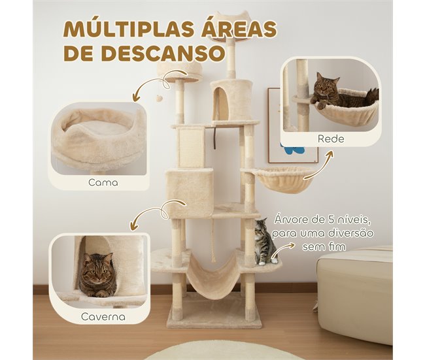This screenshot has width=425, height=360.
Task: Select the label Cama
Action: coord(103,182)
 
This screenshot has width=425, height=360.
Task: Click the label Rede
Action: coord(331,139)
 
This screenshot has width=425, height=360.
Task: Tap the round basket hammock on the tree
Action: coord(284,179)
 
